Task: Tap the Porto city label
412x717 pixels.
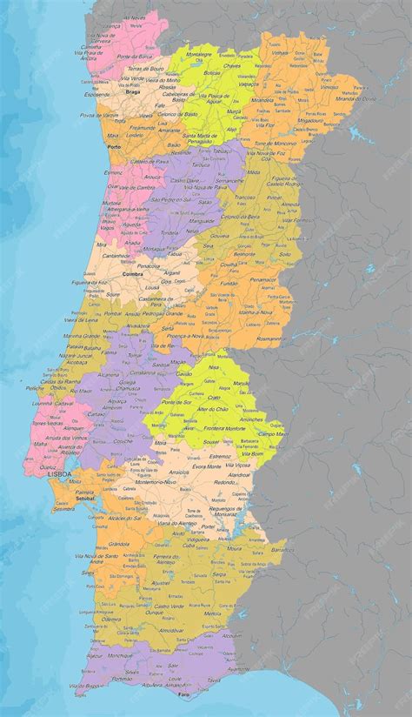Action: coord(114,147)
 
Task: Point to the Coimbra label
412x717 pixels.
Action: coord(133,272)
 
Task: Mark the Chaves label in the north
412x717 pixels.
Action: coord(232,65)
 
